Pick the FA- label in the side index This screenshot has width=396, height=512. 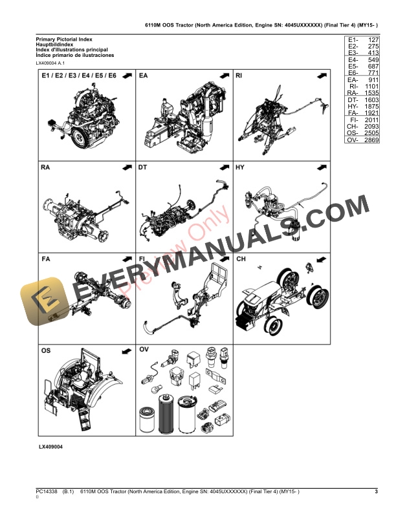353,112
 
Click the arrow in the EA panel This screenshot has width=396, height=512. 224,76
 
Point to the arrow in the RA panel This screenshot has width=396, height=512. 125,167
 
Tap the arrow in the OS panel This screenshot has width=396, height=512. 125,350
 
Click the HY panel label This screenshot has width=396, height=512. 240,167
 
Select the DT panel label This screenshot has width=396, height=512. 143,167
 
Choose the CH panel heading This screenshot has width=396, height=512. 241,259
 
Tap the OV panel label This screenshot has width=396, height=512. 144,350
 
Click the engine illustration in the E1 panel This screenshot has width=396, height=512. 78,120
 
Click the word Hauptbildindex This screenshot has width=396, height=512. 54,45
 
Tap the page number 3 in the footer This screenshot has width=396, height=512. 376,493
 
